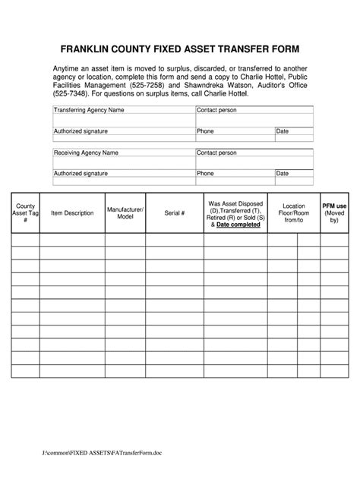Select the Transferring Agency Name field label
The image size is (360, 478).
89,110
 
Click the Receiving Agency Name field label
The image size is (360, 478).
86,153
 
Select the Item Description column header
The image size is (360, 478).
72,213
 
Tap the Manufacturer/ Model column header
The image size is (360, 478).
125,212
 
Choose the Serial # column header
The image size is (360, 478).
175,213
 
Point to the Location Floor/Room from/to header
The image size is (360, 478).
293,212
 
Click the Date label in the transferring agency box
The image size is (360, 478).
283,131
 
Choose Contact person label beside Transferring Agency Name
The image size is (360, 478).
218,110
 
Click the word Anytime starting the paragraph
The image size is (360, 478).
68,68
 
